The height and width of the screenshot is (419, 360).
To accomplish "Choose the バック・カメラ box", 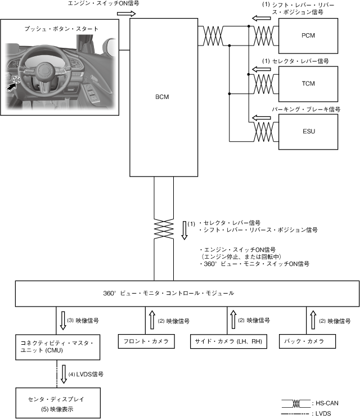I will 309,341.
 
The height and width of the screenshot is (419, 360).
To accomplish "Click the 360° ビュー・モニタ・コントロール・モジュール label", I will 169,294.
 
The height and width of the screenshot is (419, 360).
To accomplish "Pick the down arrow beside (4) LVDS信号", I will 64,373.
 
